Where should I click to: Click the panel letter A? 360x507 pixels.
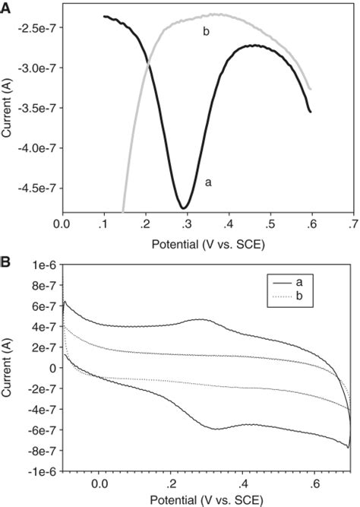5,7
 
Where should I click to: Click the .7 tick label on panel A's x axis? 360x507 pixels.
352,226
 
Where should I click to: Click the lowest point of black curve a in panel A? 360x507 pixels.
184,208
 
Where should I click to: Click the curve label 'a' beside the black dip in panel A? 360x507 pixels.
208,182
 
